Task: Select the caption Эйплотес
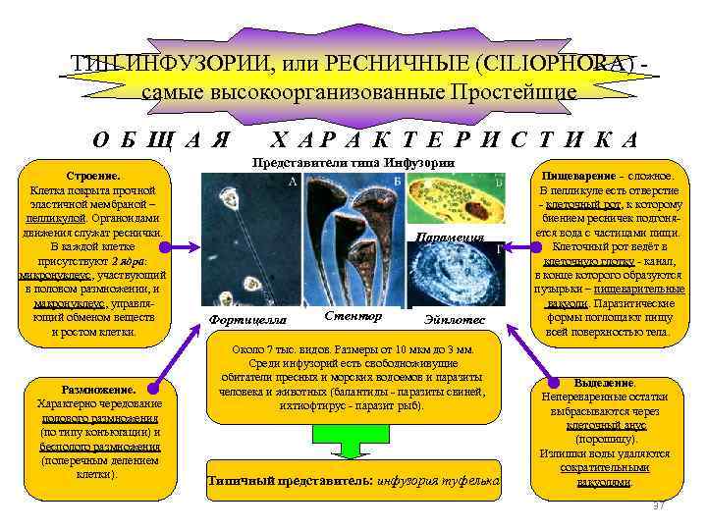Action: tap(454, 320)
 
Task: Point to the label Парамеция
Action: tap(451, 237)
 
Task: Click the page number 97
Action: tap(659, 504)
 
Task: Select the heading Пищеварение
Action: tap(587, 175)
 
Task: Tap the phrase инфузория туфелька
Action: tap(442, 481)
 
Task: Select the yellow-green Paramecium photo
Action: tap(453, 198)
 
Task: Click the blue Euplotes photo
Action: tap(454, 276)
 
